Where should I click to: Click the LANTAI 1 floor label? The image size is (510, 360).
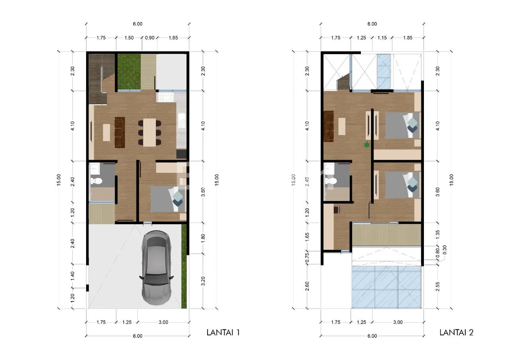223,333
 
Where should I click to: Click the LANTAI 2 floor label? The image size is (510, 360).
456,333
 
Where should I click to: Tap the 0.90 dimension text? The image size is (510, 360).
150,38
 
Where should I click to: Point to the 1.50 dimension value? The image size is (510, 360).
129,38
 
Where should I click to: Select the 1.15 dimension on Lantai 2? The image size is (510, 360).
382,38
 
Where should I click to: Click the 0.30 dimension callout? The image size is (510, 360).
445,250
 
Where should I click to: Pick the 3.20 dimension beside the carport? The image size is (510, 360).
203,281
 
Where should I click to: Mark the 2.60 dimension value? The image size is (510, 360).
307,286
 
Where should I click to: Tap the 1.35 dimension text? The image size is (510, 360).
437,235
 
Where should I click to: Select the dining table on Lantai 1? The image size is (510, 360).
149,132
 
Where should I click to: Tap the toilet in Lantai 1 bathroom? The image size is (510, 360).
96,181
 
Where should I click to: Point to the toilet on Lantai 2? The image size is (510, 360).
331,181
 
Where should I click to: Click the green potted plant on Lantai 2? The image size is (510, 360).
366,145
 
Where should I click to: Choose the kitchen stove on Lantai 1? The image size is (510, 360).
167,97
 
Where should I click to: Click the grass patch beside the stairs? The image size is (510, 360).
129,72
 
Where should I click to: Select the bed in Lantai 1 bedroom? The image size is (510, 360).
168,199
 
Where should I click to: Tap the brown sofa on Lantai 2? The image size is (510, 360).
328,126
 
